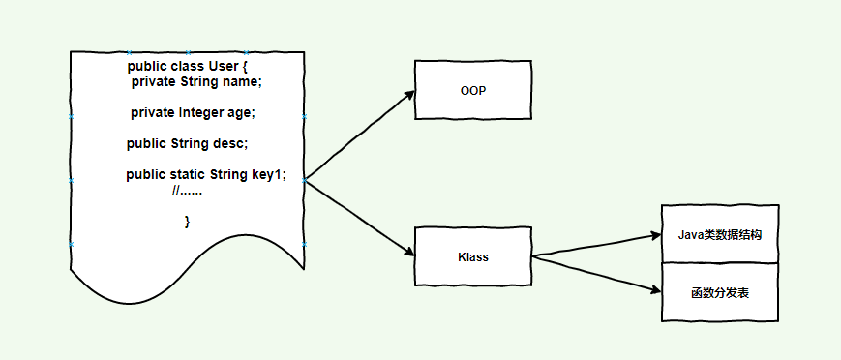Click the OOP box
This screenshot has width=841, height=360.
[473, 90]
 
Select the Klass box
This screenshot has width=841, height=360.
[473, 256]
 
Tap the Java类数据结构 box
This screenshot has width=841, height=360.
[720, 233]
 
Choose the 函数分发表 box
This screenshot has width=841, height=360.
[720, 291]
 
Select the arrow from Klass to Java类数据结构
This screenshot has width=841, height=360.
[595, 246]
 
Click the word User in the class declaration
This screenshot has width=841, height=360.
[223, 66]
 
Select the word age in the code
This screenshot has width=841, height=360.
[242, 113]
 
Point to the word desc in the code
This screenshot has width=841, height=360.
[233, 143]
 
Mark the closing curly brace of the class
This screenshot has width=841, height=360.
[187, 222]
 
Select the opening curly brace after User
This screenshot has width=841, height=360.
[246, 66]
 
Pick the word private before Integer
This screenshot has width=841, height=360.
[153, 113]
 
